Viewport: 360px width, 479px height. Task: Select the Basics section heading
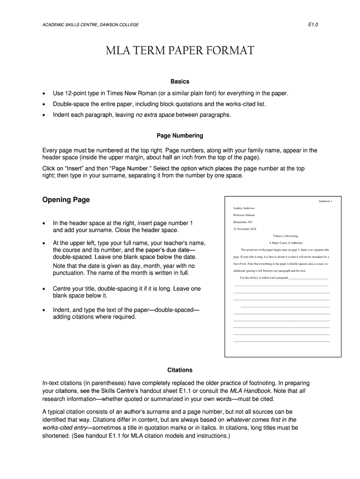(x=180, y=81)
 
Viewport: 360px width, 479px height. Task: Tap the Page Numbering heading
(x=180, y=136)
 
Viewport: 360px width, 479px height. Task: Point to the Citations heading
(x=180, y=370)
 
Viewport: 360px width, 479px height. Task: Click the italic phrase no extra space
(x=154, y=115)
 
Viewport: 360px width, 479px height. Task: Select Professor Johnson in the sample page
(x=244, y=215)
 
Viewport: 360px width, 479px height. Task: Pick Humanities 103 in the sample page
(x=243, y=222)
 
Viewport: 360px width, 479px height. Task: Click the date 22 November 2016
(x=244, y=229)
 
